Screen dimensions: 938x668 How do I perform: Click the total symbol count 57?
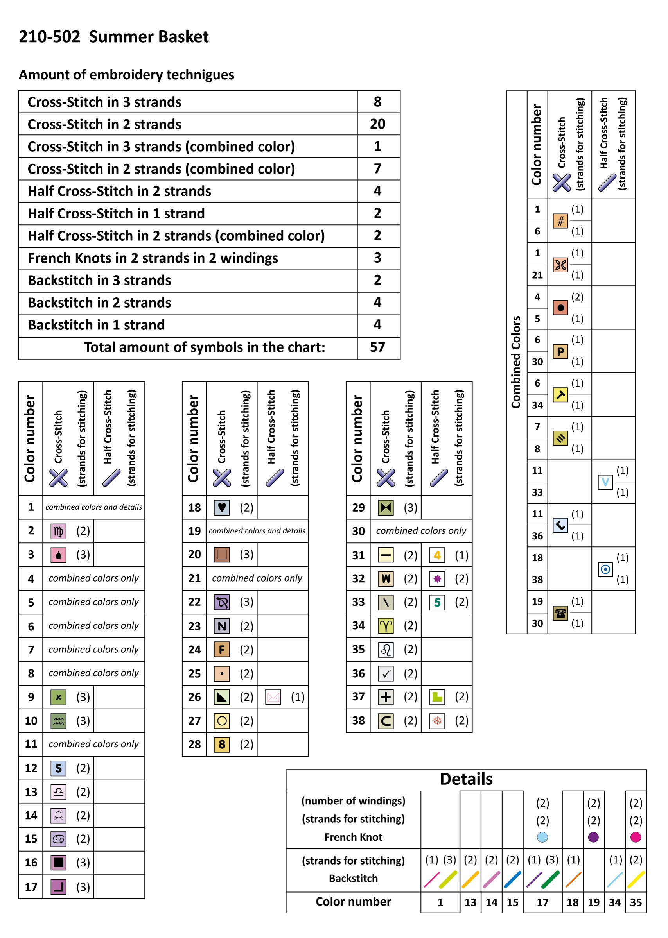(x=377, y=347)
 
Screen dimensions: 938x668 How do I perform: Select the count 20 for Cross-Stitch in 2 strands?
(x=377, y=124)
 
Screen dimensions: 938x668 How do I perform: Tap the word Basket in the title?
(x=183, y=37)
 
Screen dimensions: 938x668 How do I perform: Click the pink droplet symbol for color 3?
(x=58, y=555)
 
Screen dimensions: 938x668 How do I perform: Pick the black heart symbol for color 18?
(x=222, y=507)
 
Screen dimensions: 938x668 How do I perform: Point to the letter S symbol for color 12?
(x=58, y=768)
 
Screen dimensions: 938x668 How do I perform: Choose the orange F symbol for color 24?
(x=222, y=650)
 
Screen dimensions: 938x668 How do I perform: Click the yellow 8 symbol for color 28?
(x=222, y=744)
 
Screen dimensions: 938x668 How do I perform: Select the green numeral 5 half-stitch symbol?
(x=437, y=602)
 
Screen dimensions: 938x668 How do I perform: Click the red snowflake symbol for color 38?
(x=437, y=721)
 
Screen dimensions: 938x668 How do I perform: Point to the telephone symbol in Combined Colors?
(x=560, y=612)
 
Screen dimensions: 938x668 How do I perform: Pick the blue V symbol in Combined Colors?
(x=605, y=482)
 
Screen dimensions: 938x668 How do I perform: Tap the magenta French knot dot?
(x=636, y=837)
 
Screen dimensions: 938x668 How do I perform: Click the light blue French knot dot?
(x=542, y=837)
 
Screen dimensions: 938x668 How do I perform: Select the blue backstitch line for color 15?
(x=512, y=879)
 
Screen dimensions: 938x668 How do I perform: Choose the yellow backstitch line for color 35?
(x=636, y=879)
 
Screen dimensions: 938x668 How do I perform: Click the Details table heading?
(x=466, y=779)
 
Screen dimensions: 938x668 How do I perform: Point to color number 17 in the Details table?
(x=542, y=902)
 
